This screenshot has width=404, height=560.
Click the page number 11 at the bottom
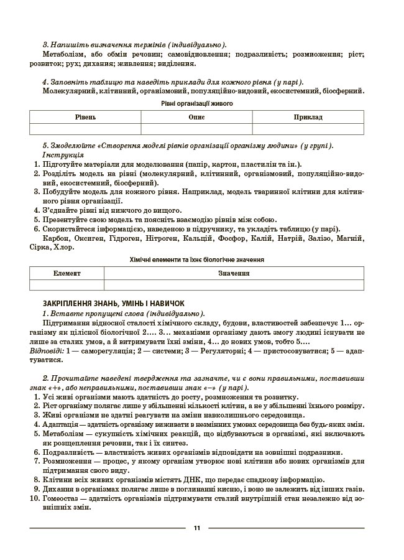pyautogui.click(x=196, y=528)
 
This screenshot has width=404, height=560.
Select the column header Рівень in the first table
pyautogui.click(x=85, y=117)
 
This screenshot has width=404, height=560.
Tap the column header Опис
pyautogui.click(x=196, y=117)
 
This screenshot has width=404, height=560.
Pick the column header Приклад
pyautogui.click(x=308, y=117)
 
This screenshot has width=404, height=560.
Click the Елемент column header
pyautogui.click(x=67, y=273)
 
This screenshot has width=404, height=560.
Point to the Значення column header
pyautogui.click(x=234, y=273)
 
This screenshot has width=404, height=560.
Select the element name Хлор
pyautogui.click(x=62, y=247)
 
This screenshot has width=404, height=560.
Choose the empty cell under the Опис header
pyautogui.click(x=196, y=129)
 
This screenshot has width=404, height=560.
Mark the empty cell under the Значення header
pyautogui.click(x=234, y=285)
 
